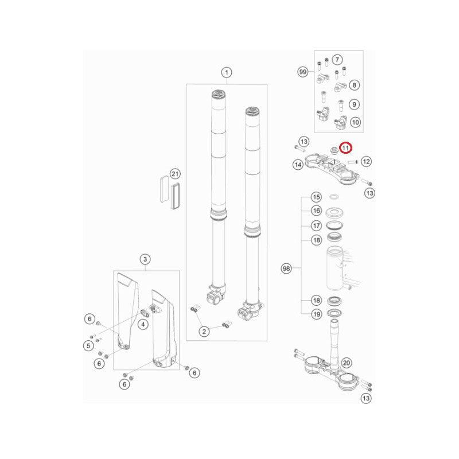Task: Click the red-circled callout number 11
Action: [346, 148]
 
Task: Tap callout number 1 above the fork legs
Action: [226, 72]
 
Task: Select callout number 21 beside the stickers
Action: [175, 174]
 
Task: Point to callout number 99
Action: [303, 72]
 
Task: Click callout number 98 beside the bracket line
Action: [286, 268]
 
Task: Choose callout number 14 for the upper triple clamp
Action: [298, 165]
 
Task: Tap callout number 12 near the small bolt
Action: [366, 161]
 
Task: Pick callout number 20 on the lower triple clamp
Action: [347, 363]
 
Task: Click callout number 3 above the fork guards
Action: [145, 259]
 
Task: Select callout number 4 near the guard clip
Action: [143, 324]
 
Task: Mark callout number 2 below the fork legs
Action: [204, 332]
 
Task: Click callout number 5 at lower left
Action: [88, 346]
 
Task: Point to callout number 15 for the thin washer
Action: [316, 197]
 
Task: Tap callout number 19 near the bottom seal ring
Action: [316, 314]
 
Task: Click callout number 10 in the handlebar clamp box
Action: [355, 122]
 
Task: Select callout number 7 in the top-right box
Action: [337, 60]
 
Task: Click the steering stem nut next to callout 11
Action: [333, 150]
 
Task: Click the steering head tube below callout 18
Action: [335, 269]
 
